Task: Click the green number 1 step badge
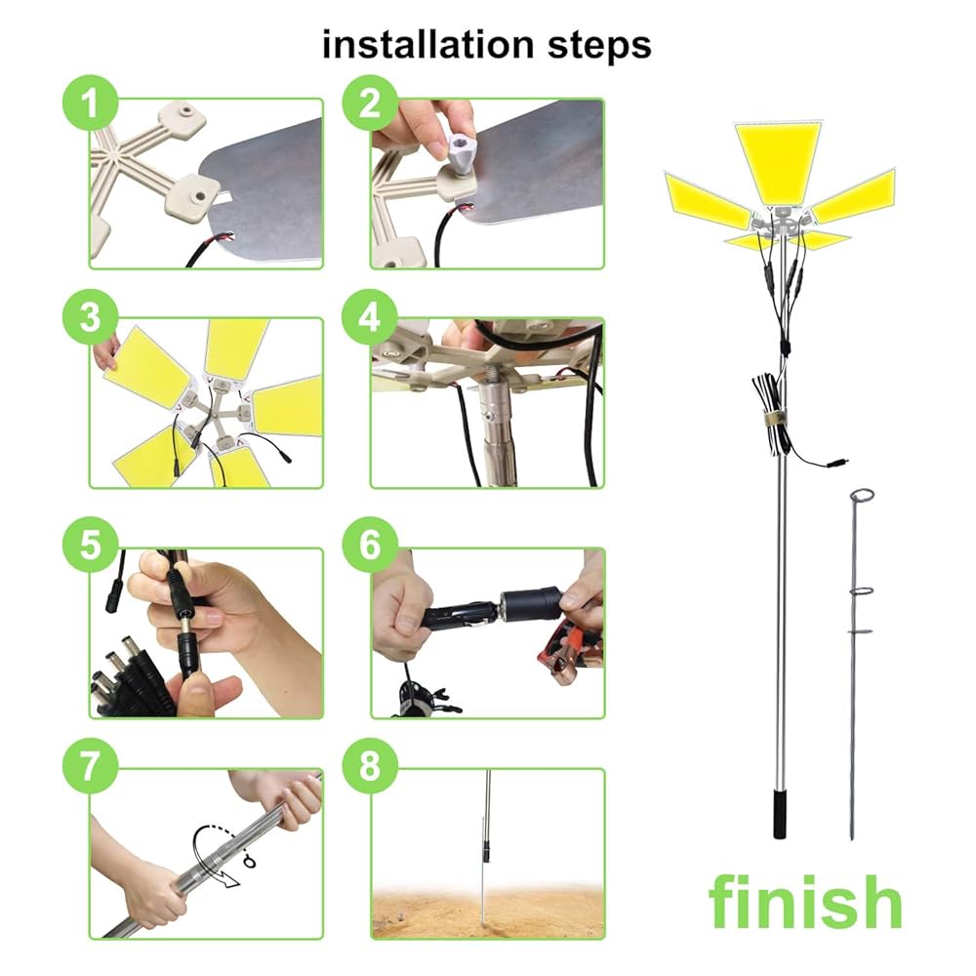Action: [x=91, y=102]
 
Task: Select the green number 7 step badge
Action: [x=91, y=765]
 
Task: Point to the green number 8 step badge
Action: [x=370, y=765]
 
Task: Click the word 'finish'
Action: [x=805, y=900]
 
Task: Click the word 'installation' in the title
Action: [x=427, y=45]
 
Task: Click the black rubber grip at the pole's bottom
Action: [x=780, y=814]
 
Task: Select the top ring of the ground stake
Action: [x=862, y=496]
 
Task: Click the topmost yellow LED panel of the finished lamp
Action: [x=779, y=161]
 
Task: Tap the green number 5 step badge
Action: [x=91, y=544]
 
